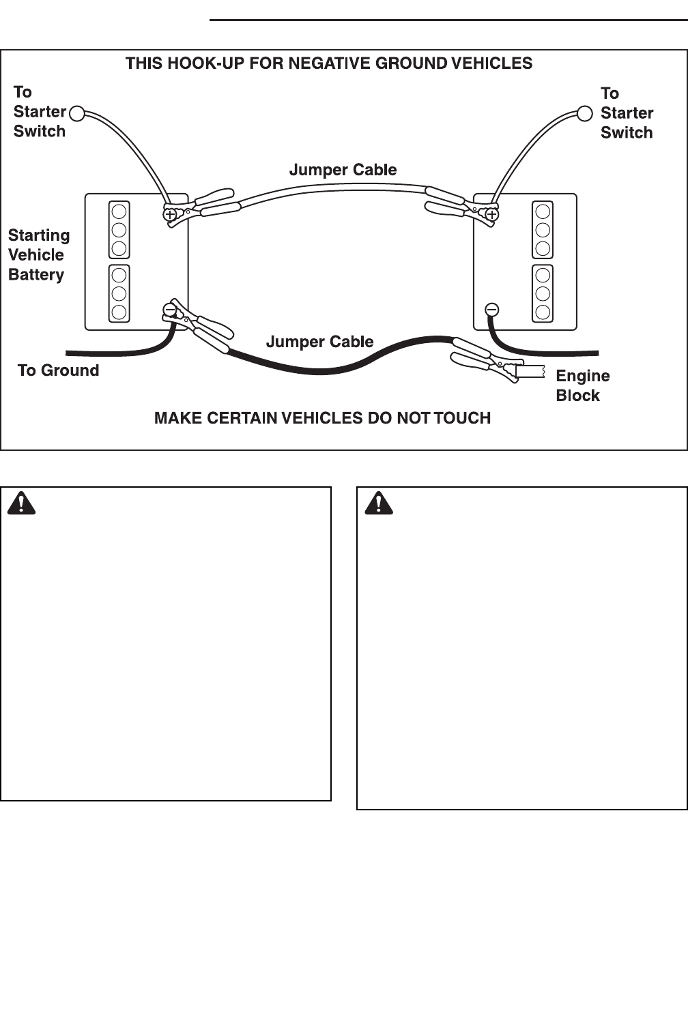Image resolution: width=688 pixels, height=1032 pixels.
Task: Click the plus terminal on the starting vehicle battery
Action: (170, 215)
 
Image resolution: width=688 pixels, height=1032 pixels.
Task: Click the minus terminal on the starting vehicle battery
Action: (169, 310)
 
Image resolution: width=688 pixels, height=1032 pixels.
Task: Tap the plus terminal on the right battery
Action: (491, 215)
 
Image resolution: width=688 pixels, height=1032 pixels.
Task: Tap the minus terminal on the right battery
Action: (491, 310)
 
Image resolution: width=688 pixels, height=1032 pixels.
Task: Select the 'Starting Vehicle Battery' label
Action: (38, 255)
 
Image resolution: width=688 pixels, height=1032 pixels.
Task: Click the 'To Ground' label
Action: (58, 370)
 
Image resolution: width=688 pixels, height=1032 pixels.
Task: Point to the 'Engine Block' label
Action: (582, 385)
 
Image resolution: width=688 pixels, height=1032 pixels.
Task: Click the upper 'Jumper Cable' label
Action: (343, 170)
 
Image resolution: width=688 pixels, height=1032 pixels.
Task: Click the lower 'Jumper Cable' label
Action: (319, 342)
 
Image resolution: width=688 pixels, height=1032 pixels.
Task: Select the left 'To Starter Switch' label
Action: (40, 112)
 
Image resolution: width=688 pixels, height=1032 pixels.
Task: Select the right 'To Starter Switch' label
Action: (627, 113)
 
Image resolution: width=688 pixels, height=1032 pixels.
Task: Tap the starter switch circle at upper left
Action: (77, 113)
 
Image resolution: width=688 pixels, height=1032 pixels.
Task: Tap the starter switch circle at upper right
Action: (585, 113)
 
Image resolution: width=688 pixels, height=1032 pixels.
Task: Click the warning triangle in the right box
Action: (379, 503)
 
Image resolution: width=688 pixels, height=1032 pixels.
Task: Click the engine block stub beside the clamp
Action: (530, 372)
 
